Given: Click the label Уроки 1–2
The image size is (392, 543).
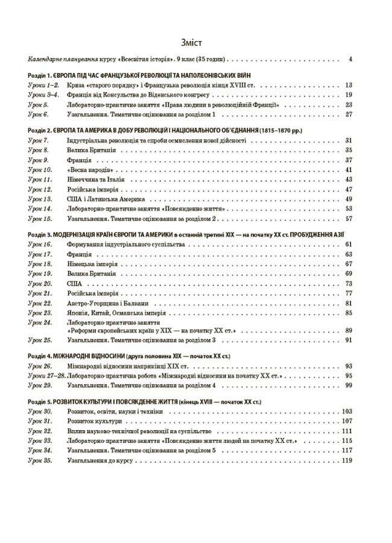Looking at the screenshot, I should [x=43, y=86].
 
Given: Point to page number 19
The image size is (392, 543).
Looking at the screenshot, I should [x=348, y=95].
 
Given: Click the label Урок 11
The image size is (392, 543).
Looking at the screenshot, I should [x=40, y=179].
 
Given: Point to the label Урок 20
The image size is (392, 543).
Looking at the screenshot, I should [x=40, y=283].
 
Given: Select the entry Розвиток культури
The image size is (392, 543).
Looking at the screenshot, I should [x=93, y=421].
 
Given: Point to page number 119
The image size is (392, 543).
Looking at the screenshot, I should [x=347, y=460].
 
